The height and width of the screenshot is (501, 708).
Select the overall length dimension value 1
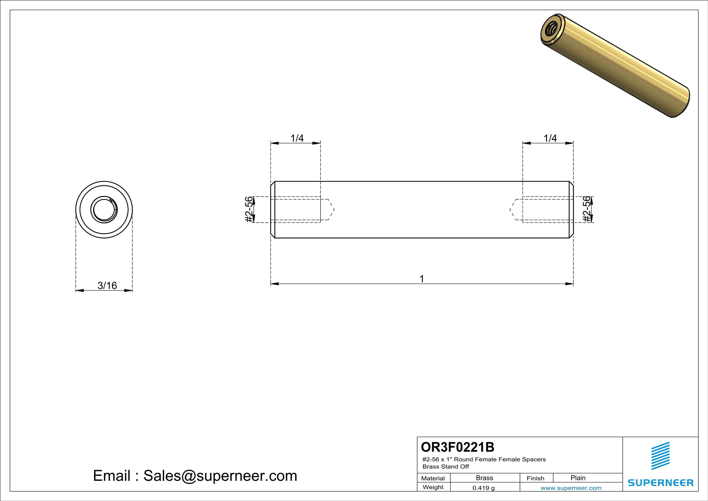click(422, 279)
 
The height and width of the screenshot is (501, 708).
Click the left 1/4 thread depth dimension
click(297, 138)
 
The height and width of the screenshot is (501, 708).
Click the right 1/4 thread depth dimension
click(550, 138)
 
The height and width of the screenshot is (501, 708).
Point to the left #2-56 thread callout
click(249, 209)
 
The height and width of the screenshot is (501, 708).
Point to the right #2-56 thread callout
click(587, 209)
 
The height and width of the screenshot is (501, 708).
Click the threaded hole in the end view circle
click(104, 210)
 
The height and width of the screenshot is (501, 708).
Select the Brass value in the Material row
click(485, 478)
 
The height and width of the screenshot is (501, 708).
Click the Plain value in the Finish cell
click(578, 478)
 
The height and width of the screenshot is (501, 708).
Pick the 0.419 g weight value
click(484, 488)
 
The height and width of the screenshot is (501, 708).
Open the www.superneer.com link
click(571, 488)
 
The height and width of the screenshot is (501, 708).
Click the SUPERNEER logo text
click(661, 483)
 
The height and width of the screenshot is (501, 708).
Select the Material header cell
click(433, 478)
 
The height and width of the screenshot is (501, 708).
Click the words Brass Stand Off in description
click(446, 466)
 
